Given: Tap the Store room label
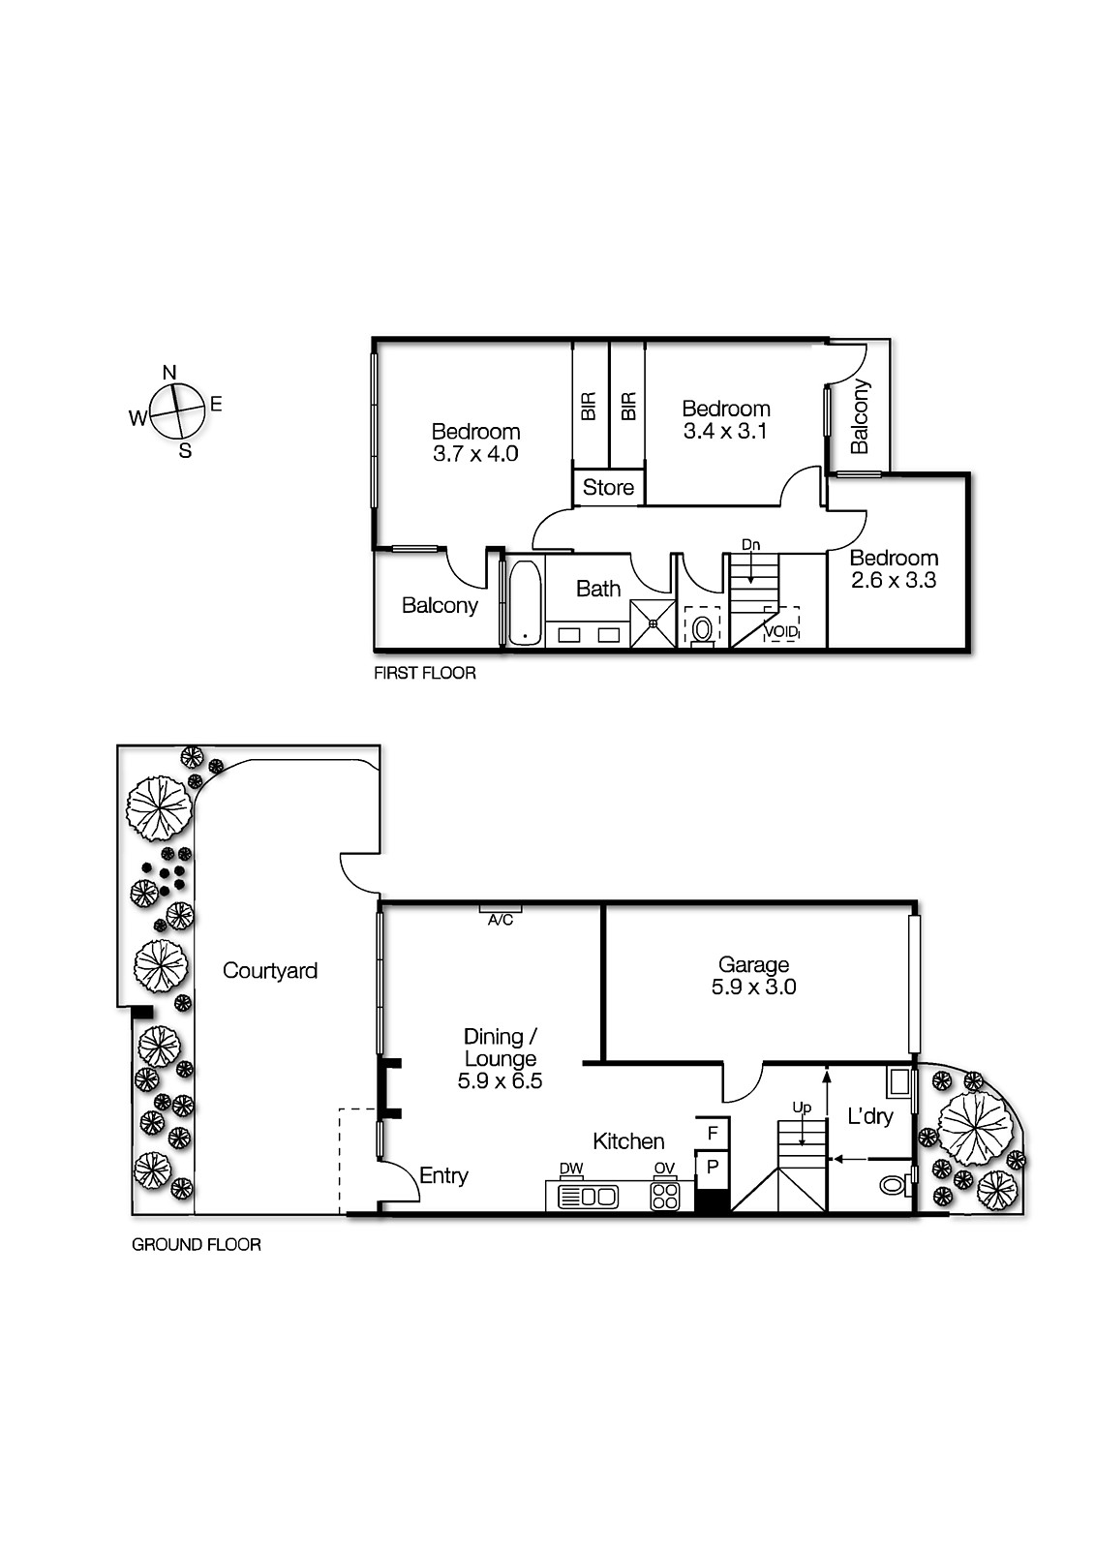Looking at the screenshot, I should tap(608, 487).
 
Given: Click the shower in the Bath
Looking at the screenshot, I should tap(653, 623).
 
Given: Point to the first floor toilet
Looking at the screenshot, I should tap(702, 627).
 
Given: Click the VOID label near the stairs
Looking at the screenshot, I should tap(781, 632).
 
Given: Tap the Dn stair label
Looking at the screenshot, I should tap(750, 545).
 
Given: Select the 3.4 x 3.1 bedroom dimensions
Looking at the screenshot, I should tap(725, 432).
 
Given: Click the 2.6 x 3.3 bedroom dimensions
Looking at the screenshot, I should tap(894, 581).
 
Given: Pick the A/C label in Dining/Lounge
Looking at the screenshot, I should tap(501, 921).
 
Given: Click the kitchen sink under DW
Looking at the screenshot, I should tap(588, 1197).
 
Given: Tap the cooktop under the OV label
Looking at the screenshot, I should tap(664, 1196).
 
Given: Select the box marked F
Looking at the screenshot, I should tap(713, 1133).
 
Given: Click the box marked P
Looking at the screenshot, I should tap(713, 1167).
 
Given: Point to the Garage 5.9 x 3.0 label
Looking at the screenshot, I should tap(753, 976).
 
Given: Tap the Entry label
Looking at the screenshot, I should tap(443, 1175).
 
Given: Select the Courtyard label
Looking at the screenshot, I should tap(270, 970).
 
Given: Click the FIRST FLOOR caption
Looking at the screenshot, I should tap(424, 673).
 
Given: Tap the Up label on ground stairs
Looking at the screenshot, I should tap(802, 1107).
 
